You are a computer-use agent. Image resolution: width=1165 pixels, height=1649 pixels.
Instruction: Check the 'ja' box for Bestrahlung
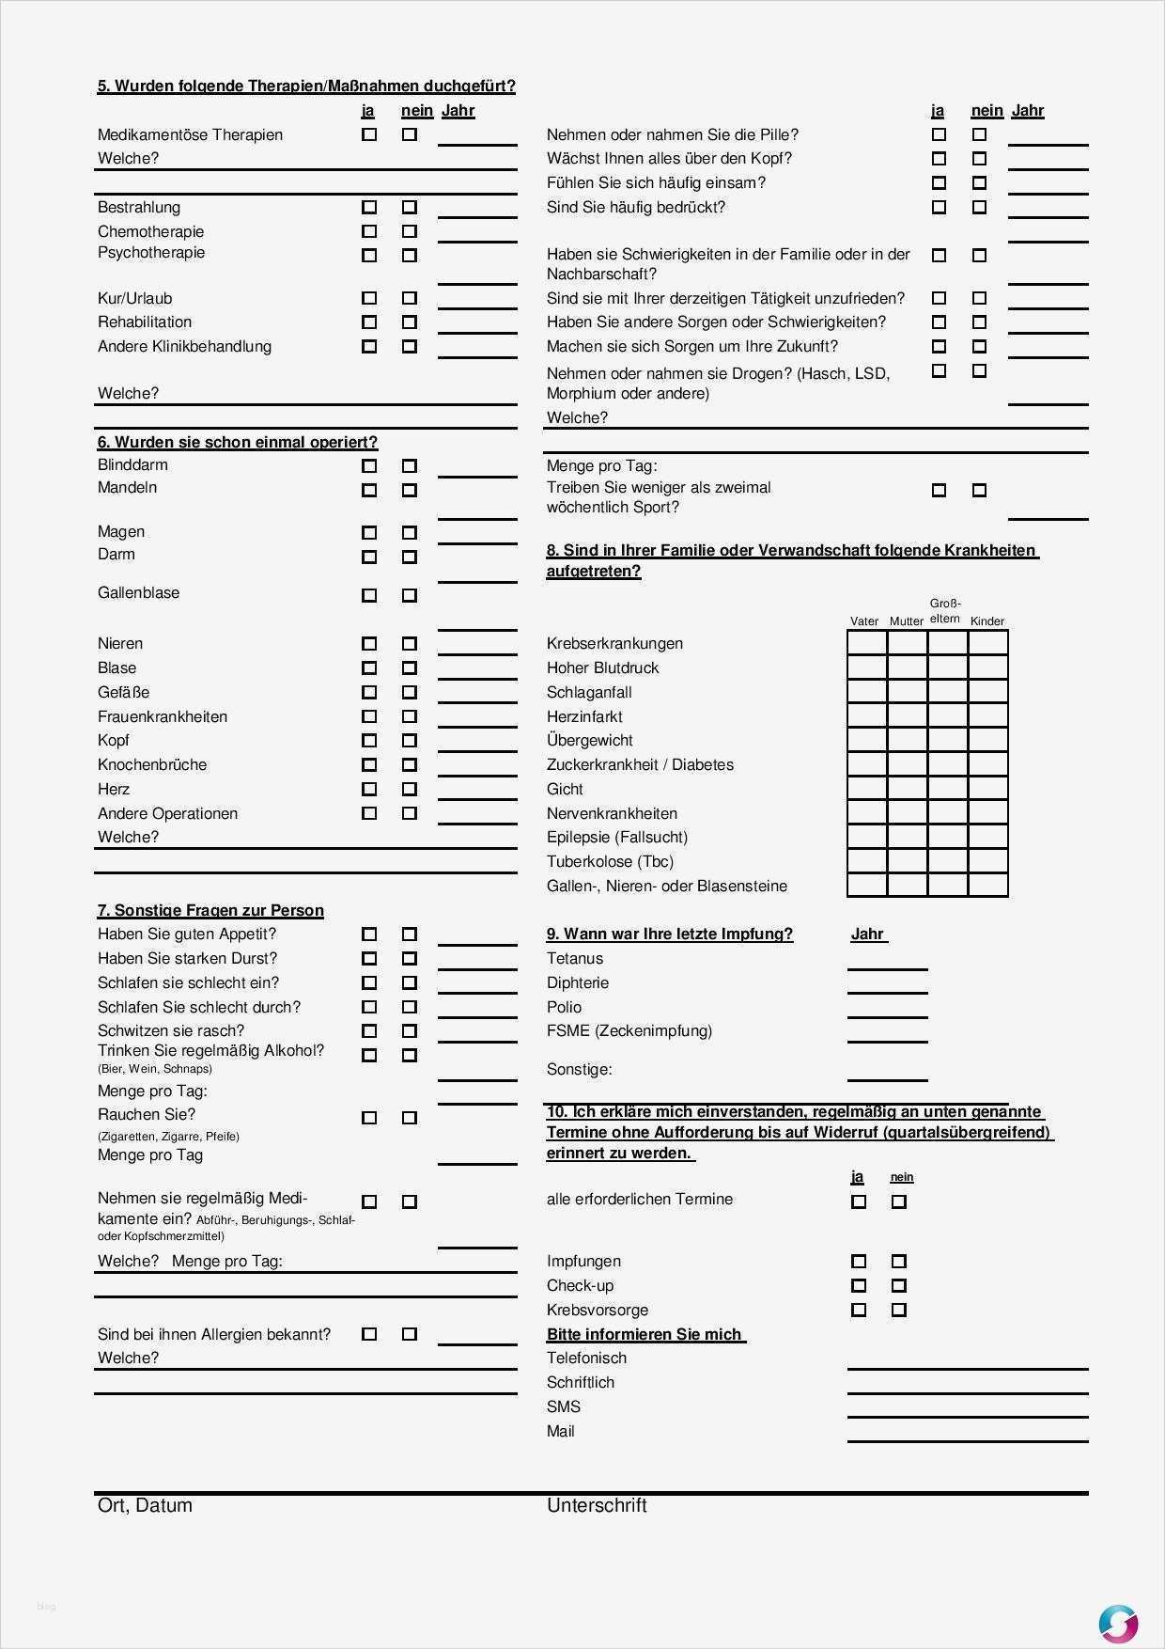(369, 207)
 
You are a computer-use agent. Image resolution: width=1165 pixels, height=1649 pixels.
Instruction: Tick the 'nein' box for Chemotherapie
(410, 231)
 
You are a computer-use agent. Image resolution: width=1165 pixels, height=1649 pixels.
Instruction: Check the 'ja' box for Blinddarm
(369, 465)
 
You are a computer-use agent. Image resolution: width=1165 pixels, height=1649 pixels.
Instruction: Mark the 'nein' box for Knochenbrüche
(410, 764)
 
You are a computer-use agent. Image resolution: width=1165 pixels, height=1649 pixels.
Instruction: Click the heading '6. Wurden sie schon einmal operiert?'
(237, 442)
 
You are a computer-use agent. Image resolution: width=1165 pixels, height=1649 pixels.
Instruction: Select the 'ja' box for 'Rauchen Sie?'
(369, 1118)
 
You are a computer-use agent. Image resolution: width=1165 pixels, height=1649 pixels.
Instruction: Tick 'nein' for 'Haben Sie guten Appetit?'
(410, 934)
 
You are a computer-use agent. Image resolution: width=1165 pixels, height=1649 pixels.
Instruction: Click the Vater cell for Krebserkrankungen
(866, 643)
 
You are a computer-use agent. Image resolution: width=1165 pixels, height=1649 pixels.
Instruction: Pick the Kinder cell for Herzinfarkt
(987, 716)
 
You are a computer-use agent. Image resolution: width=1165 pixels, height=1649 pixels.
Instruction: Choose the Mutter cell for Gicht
(907, 789)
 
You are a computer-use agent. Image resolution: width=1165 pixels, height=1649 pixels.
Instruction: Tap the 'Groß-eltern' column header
(945, 611)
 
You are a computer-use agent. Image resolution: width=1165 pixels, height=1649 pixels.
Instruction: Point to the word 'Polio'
(565, 1007)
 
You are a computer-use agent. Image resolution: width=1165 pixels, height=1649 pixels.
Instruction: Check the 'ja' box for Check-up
(859, 1285)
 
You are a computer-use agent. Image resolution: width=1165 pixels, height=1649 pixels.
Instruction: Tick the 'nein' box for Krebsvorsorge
(899, 1310)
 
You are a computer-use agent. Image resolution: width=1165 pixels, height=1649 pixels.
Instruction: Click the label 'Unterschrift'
(597, 1505)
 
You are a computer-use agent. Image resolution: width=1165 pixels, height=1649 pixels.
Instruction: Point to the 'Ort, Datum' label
(145, 1505)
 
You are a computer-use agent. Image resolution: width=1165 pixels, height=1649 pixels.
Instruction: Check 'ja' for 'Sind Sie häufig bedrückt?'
(939, 207)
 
